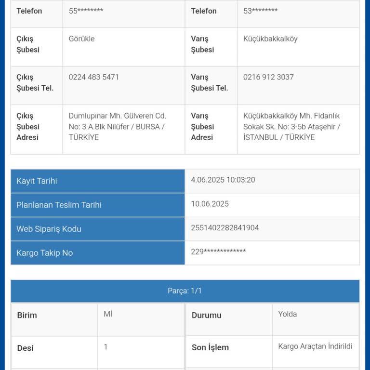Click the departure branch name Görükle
pyautogui.click(x=82, y=39)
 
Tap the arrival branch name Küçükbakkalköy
pyautogui.click(x=270, y=39)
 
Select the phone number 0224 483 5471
pyautogui.click(x=94, y=77)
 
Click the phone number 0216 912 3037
pyautogui.click(x=268, y=77)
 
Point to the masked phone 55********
pyautogui.click(x=86, y=11)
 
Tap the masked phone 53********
pyautogui.click(x=260, y=11)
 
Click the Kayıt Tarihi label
pyautogui.click(x=37, y=181)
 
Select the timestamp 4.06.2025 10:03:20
pyautogui.click(x=223, y=180)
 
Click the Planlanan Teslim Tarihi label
pyautogui.click(x=59, y=205)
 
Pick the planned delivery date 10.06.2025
pyautogui.click(x=210, y=204)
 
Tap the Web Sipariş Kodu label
pyautogui.click(x=49, y=229)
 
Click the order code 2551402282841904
pyautogui.click(x=225, y=228)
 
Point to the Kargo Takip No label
pyautogui.click(x=44, y=253)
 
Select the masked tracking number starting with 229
pyautogui.click(x=218, y=252)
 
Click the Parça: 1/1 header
pyautogui.click(x=185, y=291)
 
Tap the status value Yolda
pyautogui.click(x=287, y=314)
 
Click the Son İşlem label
pyautogui.click(x=210, y=347)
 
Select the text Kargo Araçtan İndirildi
pyautogui.click(x=315, y=346)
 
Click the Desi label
pyautogui.click(x=25, y=348)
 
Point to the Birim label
pyautogui.click(x=27, y=316)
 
